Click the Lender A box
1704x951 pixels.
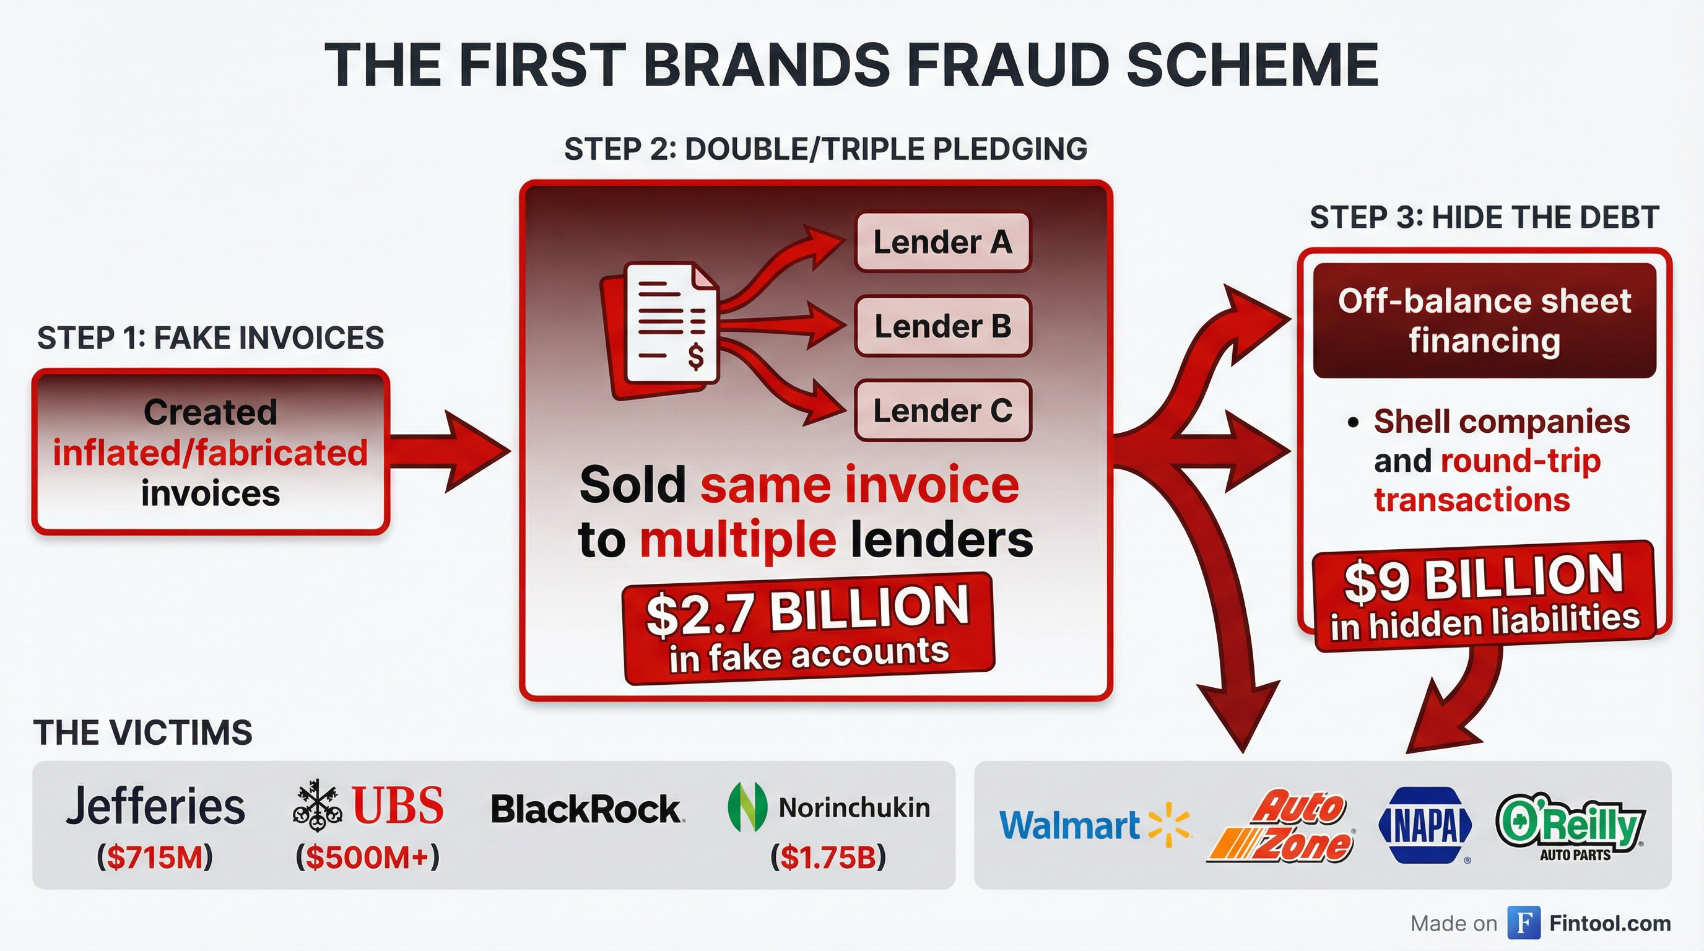coord(942,242)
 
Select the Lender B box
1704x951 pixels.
coord(942,326)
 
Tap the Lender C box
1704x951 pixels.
coord(942,410)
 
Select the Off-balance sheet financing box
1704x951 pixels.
coord(1484,321)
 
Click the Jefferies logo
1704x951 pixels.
coord(155,806)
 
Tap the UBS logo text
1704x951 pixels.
coord(397,806)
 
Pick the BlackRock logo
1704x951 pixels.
coord(587,809)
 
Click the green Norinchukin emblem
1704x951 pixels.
coord(747,807)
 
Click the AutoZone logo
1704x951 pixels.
coord(1284,827)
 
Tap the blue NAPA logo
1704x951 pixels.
coord(1425,825)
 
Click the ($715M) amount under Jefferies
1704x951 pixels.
coord(155,857)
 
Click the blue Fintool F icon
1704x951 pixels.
coord(1523,923)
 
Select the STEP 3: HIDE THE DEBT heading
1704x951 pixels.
coord(1484,217)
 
